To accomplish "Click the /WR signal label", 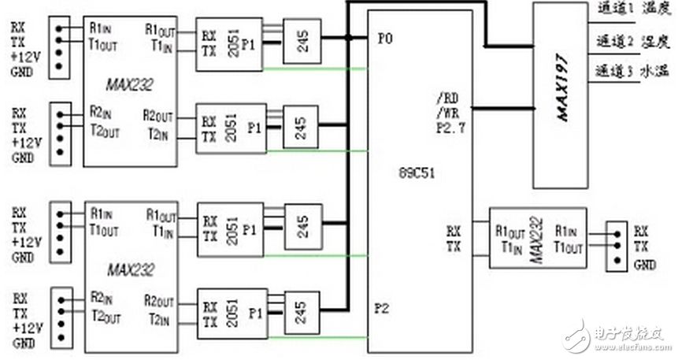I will (x=446, y=113).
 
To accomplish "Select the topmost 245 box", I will (x=301, y=45).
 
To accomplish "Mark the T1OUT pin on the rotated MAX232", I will (x=569, y=246).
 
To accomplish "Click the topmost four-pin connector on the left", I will (x=58, y=48).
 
